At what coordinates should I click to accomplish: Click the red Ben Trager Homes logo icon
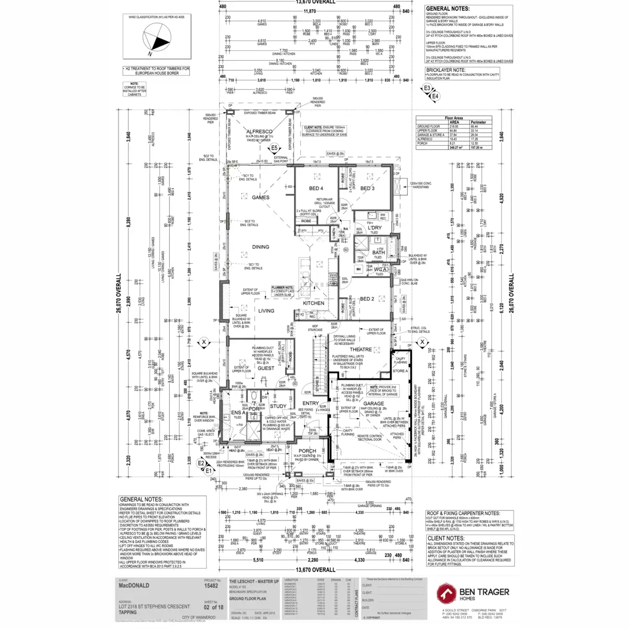447,593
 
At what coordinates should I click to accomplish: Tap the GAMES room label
261,198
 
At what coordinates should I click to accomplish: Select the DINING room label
261,247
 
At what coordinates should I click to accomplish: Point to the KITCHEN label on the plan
313,303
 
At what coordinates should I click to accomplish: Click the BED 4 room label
316,188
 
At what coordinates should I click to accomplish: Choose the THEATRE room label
361,350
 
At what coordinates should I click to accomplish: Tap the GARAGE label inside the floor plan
374,404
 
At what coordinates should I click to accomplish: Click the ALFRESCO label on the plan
259,132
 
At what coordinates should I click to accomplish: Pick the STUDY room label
278,406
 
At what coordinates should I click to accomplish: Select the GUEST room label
266,368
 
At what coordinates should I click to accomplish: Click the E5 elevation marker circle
274,148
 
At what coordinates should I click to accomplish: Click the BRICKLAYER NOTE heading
446,70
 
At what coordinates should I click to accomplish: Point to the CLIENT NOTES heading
446,538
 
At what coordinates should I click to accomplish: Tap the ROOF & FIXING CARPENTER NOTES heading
463,514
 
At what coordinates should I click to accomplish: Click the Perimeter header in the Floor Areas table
478,122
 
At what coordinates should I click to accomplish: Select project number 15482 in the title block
211,587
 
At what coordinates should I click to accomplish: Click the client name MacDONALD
134,585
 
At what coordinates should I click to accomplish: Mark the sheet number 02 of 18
213,608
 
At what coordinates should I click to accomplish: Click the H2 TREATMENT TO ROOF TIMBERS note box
157,71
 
